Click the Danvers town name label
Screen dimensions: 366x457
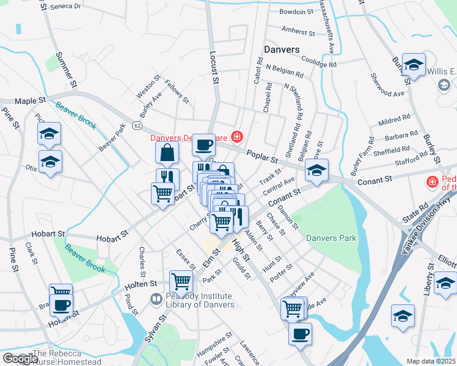281,49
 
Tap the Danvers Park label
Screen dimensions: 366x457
331,238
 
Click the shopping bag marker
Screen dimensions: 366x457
167,152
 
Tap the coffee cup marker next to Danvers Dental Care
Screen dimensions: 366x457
204,145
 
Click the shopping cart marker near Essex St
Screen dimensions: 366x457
181,281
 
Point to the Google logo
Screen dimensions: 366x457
20,359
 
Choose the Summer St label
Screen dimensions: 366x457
66,68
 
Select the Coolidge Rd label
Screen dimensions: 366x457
318,63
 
